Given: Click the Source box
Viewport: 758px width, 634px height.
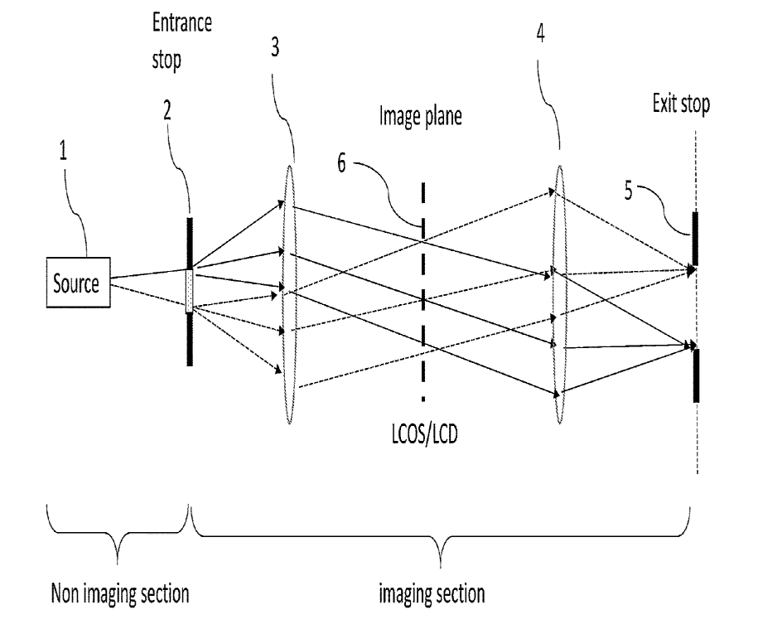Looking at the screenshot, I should click(x=75, y=284).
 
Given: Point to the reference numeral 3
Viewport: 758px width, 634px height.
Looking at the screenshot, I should click(x=274, y=48).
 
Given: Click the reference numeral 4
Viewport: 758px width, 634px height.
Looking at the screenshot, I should click(x=541, y=39).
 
